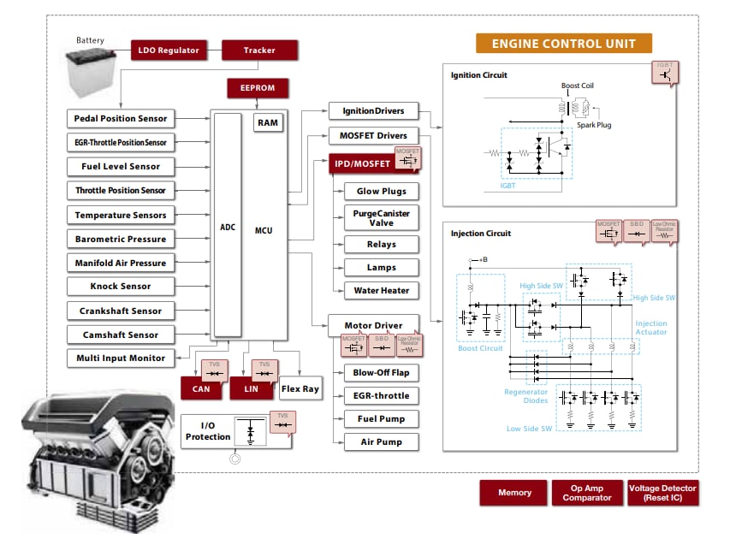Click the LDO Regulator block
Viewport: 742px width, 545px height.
point(169,50)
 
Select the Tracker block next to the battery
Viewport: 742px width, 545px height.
point(259,50)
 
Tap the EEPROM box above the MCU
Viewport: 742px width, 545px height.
point(258,88)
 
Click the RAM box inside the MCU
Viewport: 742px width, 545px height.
point(268,122)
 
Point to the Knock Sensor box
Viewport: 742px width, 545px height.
point(120,287)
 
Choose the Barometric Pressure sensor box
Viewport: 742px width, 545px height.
point(120,239)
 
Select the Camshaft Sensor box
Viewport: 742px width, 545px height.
point(120,335)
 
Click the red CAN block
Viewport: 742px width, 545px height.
point(200,388)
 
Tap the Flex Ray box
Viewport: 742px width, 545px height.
point(300,388)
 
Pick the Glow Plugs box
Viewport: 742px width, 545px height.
point(382,191)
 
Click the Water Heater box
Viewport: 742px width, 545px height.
point(382,290)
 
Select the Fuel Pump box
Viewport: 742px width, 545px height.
point(382,418)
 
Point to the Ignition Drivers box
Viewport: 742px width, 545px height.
point(373,111)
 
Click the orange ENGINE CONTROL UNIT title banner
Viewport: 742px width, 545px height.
point(564,44)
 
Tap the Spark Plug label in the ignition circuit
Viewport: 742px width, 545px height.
point(593,125)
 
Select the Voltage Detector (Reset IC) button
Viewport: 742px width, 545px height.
point(662,493)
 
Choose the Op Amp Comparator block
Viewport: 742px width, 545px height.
point(587,493)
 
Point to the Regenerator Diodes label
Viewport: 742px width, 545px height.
point(527,396)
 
